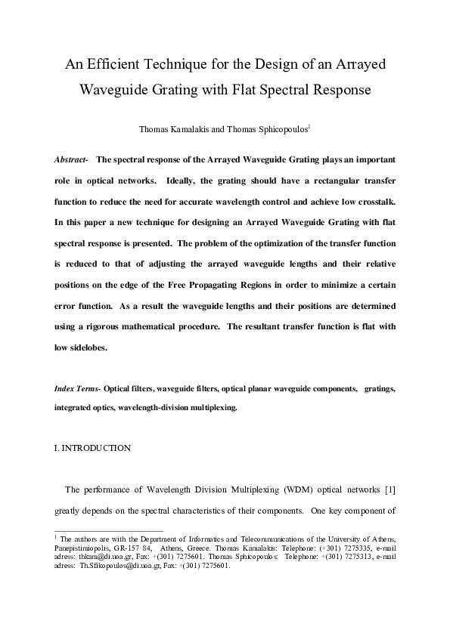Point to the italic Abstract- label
click(x=71, y=161)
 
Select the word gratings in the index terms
click(x=378, y=388)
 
